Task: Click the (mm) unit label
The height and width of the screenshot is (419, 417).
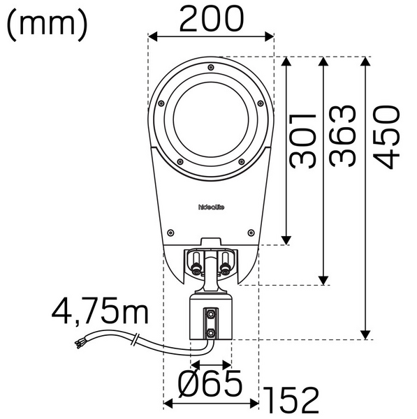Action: (x=47, y=23)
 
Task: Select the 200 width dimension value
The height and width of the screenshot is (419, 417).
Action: (x=212, y=19)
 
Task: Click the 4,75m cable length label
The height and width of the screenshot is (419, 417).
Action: (x=100, y=311)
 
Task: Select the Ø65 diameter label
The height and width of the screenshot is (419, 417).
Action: (x=210, y=383)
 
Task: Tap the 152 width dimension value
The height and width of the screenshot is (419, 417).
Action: (x=291, y=400)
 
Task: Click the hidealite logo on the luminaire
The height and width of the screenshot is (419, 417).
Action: (x=211, y=206)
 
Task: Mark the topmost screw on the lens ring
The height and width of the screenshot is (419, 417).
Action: (x=210, y=66)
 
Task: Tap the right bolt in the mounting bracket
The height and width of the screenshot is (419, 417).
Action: (x=225, y=265)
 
